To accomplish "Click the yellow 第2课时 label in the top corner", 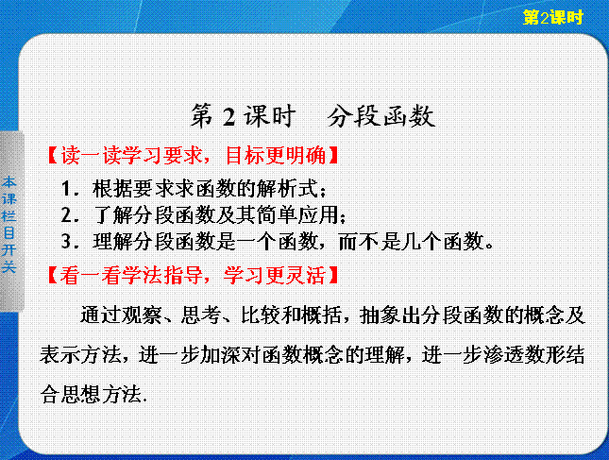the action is tap(552, 18).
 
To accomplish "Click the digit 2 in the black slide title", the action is tap(228, 116).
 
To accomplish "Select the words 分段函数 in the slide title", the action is tap(381, 116).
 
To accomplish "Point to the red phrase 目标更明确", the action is tap(276, 155).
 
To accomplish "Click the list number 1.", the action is tap(67, 189).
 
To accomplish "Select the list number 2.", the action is tap(66, 215).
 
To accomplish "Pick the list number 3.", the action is tap(66, 242).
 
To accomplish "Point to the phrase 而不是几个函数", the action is tap(411, 242).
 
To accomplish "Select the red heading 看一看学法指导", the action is tap(131, 275).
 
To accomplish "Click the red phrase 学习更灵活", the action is tap(275, 275).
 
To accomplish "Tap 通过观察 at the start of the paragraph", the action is tap(121, 315).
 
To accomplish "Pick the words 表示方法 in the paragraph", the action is tap(81, 355).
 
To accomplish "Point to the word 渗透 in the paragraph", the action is tap(502, 355).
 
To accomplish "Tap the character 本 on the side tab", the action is tap(8, 182).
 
